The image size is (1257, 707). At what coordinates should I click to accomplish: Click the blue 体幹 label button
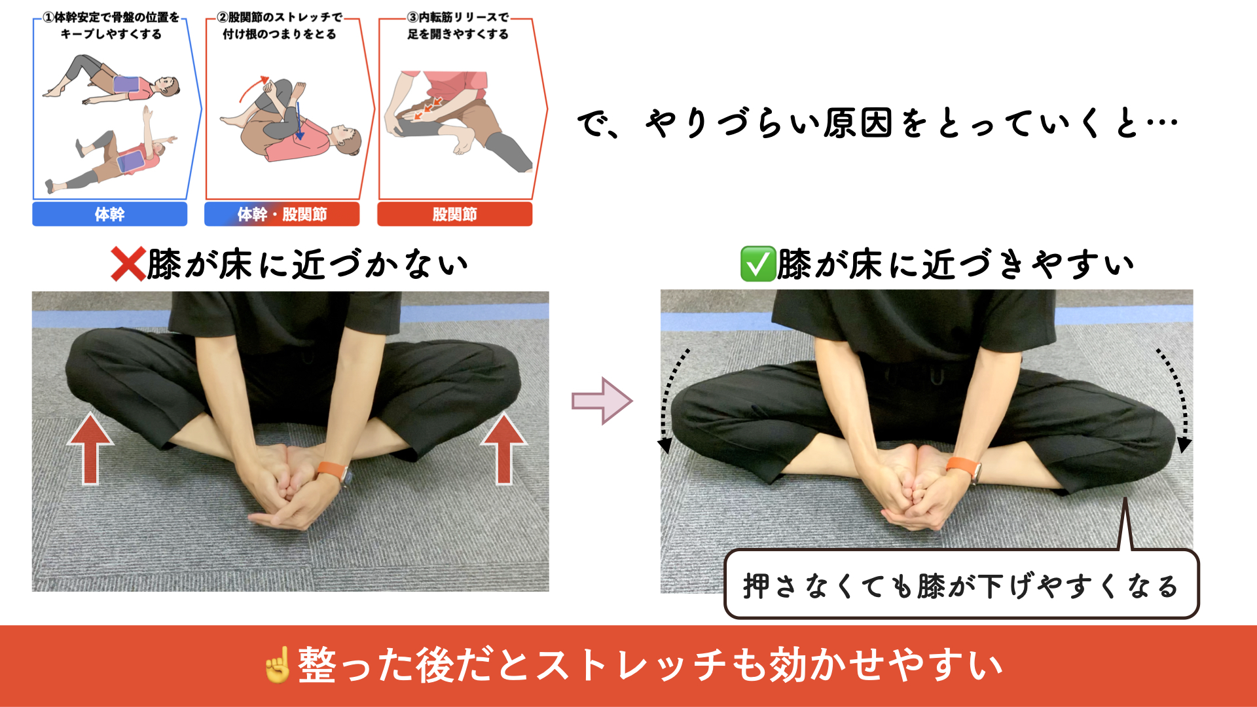click(109, 214)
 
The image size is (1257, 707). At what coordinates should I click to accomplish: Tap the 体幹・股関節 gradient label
click(282, 214)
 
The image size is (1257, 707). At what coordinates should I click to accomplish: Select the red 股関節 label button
click(454, 214)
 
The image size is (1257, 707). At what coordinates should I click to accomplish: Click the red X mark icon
click(128, 264)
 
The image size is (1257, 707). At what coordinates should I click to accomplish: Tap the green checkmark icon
click(757, 264)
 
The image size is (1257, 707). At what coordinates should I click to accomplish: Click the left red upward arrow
click(90, 449)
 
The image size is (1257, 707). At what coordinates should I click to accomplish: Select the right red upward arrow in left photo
click(503, 449)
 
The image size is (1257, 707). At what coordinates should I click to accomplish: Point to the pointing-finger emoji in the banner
click(276, 665)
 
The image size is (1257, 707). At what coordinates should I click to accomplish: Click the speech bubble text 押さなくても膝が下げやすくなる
click(960, 586)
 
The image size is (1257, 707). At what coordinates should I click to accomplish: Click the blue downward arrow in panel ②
click(299, 120)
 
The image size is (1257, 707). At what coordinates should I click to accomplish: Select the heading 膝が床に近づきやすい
click(956, 264)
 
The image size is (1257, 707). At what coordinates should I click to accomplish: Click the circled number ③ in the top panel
click(413, 18)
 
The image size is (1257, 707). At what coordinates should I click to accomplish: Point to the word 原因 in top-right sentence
click(858, 123)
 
